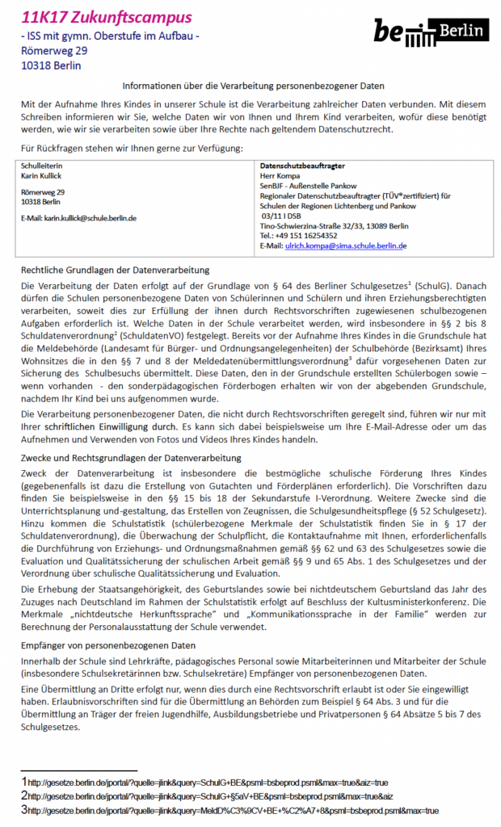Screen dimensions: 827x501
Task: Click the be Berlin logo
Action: pos(430,31)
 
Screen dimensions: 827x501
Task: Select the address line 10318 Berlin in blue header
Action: pos(51,65)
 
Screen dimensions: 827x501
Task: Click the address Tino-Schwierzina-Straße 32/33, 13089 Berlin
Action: pos(335,227)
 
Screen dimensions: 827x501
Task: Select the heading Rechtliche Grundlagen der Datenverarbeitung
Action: pos(115,270)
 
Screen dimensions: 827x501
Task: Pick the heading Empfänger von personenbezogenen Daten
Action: pos(107,646)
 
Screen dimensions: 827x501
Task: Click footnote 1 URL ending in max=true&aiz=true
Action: pos(208,782)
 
